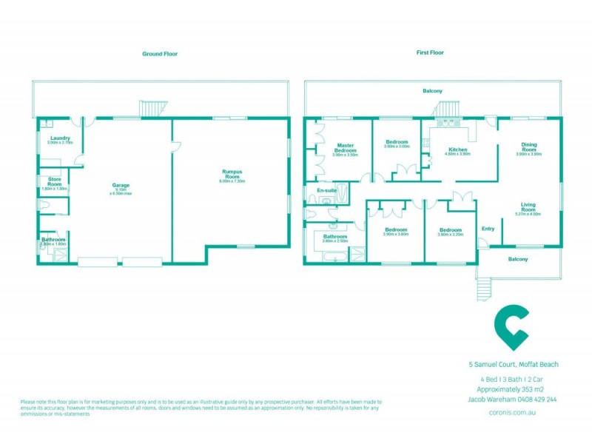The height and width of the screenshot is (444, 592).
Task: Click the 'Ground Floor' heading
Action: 160,54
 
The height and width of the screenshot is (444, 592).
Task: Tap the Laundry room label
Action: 60,138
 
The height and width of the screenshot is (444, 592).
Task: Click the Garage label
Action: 121,185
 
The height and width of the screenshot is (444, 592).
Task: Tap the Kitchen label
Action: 458,150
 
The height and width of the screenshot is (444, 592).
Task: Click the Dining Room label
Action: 528,147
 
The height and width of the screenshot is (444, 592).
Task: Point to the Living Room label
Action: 528,206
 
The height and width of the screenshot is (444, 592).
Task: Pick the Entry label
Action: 488,229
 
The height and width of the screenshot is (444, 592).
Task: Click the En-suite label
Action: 326,191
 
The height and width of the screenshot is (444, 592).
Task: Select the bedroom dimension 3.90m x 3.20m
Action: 450,235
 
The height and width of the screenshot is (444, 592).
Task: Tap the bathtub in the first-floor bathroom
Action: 326,255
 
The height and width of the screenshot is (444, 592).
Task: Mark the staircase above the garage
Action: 151,109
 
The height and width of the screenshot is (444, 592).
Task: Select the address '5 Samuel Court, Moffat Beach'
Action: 514,364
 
